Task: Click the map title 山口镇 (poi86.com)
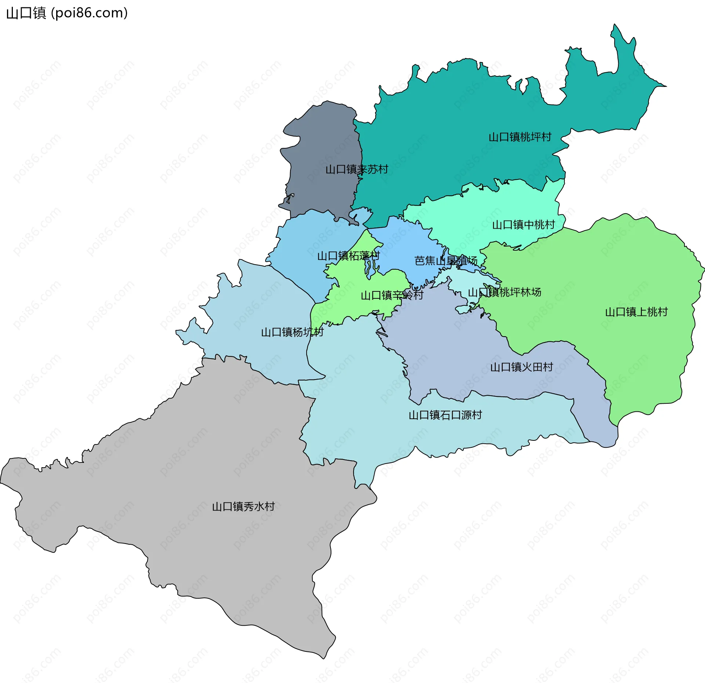67,13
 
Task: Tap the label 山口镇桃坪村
520,137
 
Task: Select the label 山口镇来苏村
357,170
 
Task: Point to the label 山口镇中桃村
523,225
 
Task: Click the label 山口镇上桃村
636,312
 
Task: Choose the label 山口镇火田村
521,367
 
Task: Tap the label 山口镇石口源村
445,415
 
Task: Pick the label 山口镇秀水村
243,507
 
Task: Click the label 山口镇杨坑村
292,333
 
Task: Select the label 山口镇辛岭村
392,295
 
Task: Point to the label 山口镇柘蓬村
348,256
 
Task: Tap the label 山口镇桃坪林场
505,293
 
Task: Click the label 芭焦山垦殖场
446,261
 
